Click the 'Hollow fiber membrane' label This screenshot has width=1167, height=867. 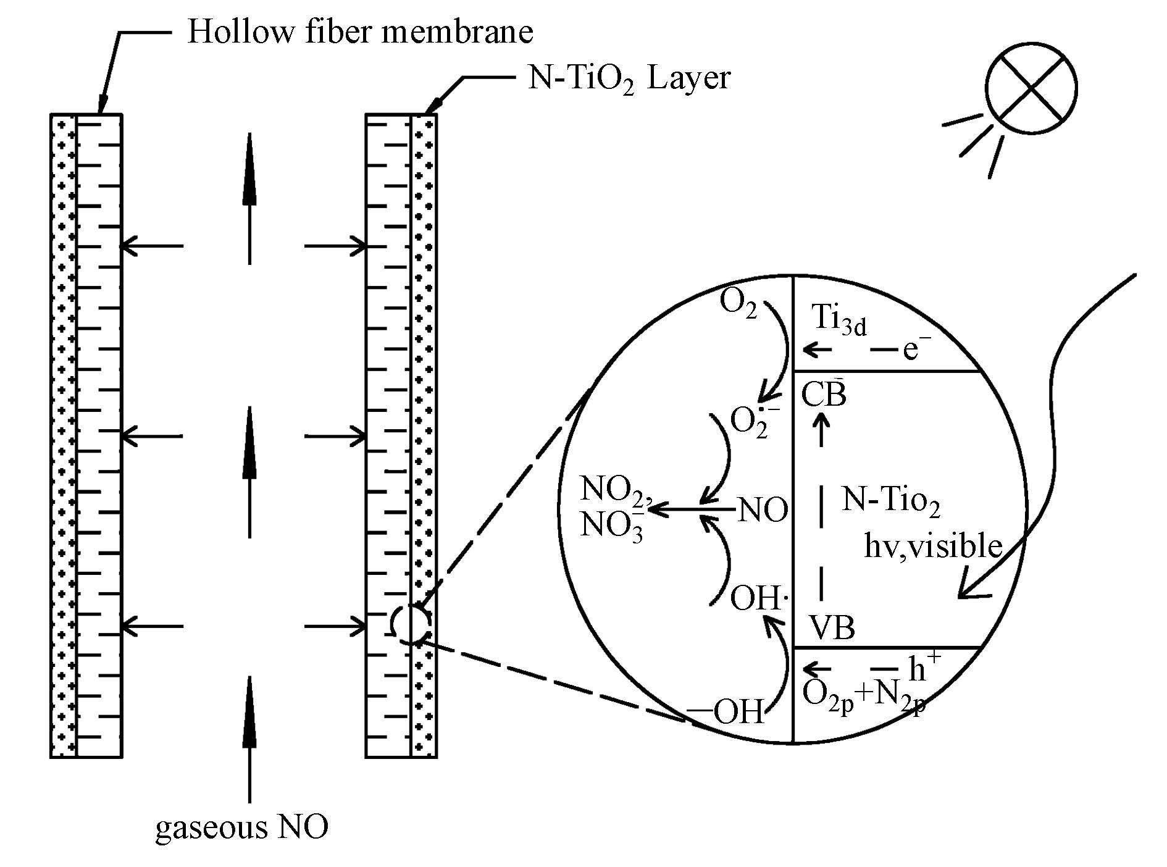(360, 31)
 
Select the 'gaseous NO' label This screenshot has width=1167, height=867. (241, 827)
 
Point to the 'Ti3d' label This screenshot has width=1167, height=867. (839, 320)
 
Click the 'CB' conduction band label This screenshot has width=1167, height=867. (824, 395)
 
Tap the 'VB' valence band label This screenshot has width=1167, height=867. (832, 628)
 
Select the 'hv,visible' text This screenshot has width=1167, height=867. (932, 546)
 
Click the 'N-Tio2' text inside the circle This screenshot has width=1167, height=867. (891, 501)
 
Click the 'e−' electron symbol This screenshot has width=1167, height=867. (916, 350)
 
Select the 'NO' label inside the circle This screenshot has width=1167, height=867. (763, 511)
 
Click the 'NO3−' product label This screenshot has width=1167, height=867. (612, 528)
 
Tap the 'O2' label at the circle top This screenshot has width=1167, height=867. (738, 304)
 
